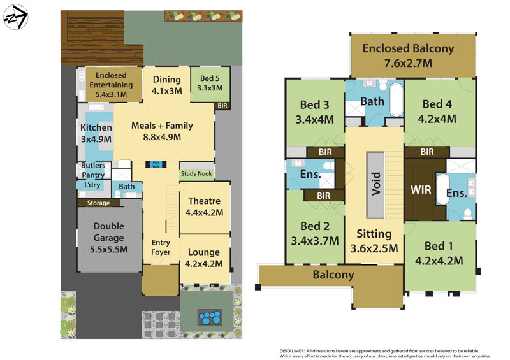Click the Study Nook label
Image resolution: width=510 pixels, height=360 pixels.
(x=197, y=173)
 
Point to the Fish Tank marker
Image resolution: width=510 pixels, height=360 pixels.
(x=156, y=164)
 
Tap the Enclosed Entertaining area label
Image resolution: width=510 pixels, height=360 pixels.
(x=111, y=85)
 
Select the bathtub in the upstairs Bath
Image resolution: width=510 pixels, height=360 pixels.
(x=395, y=100)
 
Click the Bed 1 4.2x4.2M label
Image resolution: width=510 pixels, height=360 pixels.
(x=439, y=254)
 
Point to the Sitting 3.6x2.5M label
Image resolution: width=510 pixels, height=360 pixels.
(x=374, y=241)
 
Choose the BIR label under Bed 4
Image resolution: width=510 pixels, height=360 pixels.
(x=427, y=152)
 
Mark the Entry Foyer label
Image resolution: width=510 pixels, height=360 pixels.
(x=161, y=247)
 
